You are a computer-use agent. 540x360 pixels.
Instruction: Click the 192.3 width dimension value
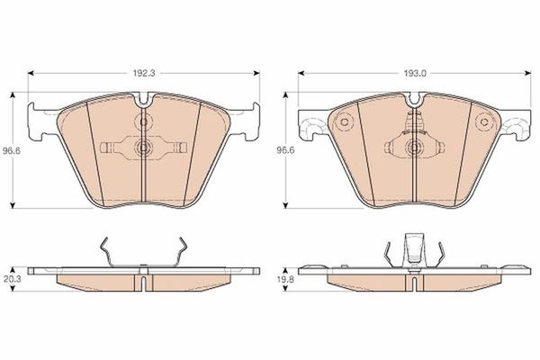[145, 73]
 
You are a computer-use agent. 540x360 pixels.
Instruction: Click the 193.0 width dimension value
[415, 73]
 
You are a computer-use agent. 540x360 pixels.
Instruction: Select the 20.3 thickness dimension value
[12, 279]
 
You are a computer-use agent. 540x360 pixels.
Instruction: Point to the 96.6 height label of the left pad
[12, 150]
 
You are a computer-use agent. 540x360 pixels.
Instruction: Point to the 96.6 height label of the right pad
[286, 150]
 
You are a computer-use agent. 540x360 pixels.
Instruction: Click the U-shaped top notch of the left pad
[144, 99]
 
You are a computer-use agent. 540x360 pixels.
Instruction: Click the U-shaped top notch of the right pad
[415, 99]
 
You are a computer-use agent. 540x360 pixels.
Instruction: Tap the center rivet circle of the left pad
[142, 148]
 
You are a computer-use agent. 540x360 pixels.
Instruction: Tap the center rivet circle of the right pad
[414, 148]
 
